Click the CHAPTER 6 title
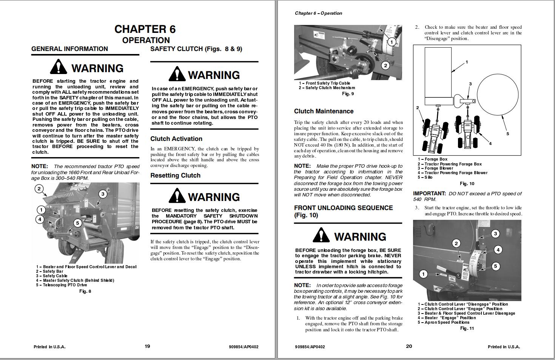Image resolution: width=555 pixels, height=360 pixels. (x=145, y=29)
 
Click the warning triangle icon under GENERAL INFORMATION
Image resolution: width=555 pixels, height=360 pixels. (x=58, y=67)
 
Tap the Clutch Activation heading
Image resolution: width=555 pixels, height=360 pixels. (x=176, y=139)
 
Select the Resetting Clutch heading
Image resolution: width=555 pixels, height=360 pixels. (x=175, y=175)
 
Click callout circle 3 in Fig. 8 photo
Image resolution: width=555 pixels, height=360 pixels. (x=103, y=194)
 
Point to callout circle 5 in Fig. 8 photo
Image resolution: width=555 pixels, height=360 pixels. (x=77, y=223)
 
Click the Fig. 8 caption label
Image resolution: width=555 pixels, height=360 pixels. (x=85, y=291)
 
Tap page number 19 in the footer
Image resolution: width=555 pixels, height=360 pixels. (x=147, y=346)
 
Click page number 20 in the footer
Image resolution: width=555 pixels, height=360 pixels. (x=409, y=346)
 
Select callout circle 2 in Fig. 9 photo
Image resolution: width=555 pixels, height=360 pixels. (x=385, y=65)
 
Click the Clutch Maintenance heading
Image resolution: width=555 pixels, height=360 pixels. (x=324, y=111)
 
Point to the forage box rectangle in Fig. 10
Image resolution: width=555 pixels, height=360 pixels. (x=438, y=76)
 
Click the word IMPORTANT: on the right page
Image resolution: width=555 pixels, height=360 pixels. (x=429, y=193)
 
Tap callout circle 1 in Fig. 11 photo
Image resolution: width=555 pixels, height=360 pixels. (x=424, y=274)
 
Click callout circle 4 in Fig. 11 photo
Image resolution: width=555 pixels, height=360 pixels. (x=498, y=250)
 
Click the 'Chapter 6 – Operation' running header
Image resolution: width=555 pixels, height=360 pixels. (x=318, y=13)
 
